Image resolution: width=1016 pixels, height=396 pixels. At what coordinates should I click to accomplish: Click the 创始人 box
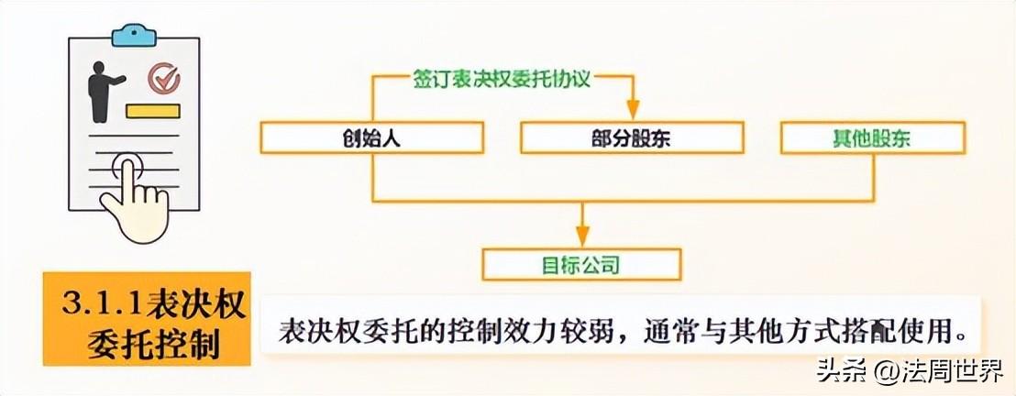371,137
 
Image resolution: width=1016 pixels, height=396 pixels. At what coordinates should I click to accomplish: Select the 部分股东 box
633,137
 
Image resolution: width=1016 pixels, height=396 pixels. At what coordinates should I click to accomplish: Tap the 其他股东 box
872,137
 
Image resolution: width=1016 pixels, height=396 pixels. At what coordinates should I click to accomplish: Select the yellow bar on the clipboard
152,112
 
